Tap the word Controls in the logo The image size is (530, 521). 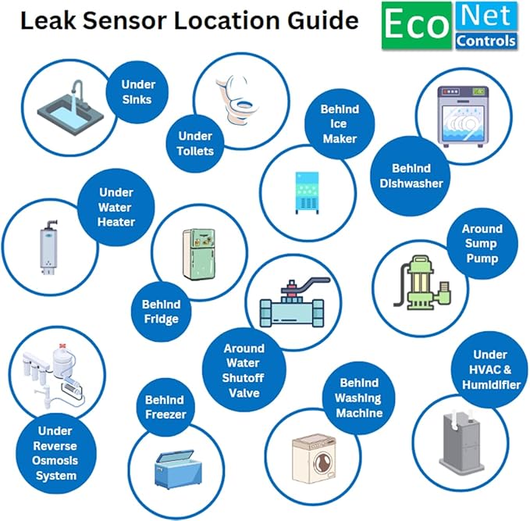point(486,40)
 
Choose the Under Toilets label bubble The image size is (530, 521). point(194,143)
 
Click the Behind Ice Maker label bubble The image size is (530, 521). point(340,123)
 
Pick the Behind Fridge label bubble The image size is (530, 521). point(161,312)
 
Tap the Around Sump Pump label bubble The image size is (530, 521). point(482,243)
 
